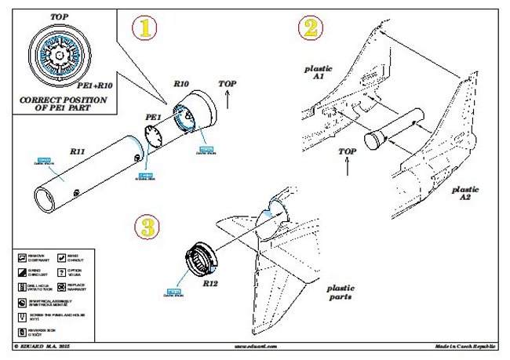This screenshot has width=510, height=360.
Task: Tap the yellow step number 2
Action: click(311, 29)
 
